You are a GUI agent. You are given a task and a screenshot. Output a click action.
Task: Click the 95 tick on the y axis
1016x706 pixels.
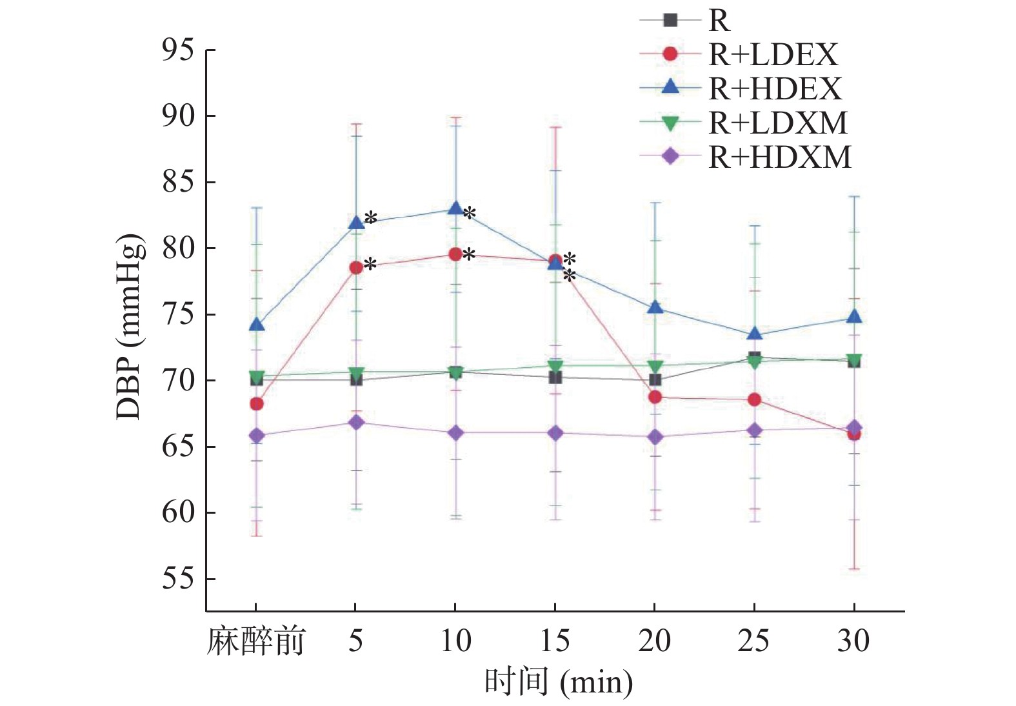[x=178, y=50]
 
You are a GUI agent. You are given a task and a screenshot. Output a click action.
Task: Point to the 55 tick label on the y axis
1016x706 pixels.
[x=178, y=578]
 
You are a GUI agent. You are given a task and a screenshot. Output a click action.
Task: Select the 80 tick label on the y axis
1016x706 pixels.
[x=178, y=248]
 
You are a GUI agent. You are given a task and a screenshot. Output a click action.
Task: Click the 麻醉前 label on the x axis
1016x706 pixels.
[x=255, y=641]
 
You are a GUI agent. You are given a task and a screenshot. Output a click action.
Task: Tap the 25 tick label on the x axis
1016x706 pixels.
[x=753, y=641]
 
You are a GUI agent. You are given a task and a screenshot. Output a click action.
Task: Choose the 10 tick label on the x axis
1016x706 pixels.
[x=455, y=641]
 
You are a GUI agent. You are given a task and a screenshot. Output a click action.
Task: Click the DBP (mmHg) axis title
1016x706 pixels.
[x=128, y=327]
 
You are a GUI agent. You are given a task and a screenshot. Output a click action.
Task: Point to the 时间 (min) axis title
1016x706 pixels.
[x=559, y=682]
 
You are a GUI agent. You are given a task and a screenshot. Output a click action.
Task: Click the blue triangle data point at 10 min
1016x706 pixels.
[x=455, y=208]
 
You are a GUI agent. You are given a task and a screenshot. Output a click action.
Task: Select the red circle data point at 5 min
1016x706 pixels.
[x=356, y=267]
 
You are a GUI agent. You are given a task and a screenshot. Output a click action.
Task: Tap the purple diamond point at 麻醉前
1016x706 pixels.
[x=257, y=436]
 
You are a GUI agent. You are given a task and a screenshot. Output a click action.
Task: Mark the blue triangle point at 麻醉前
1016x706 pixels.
[x=257, y=324]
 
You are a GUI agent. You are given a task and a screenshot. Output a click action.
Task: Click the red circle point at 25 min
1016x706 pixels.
[x=754, y=400]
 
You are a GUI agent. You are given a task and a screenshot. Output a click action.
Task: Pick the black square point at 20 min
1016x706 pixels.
[x=655, y=379]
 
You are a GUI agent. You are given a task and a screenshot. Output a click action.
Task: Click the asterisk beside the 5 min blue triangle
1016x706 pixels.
[x=371, y=219]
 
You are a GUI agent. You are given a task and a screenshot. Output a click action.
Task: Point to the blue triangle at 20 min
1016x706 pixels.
[x=655, y=307]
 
